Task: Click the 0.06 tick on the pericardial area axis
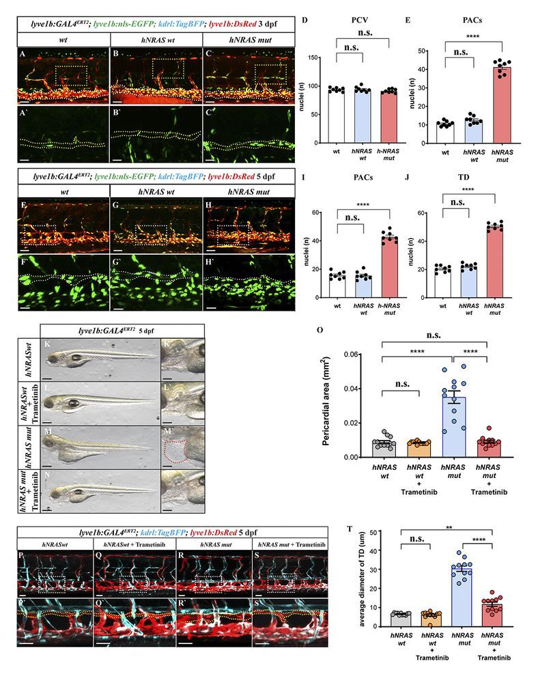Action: [360, 354]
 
